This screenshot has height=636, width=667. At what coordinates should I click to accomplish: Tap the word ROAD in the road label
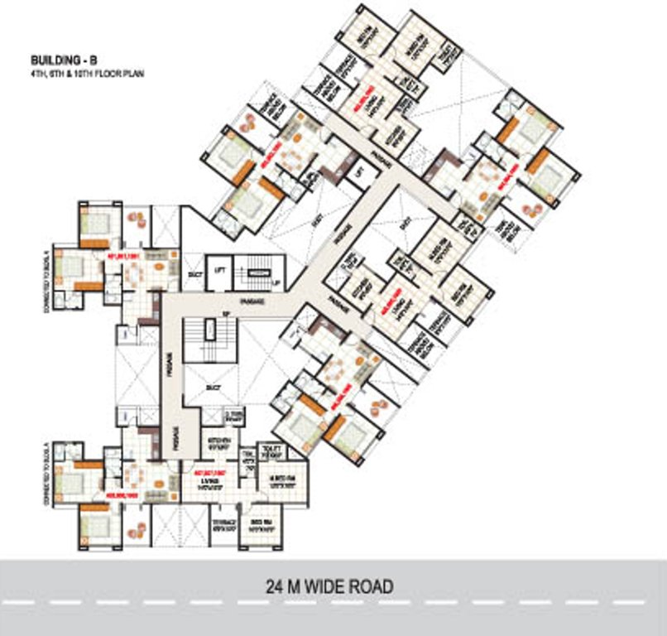[369, 587]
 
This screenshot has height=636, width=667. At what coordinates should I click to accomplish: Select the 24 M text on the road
[284, 587]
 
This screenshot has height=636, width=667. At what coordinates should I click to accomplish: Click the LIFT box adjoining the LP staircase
[220, 272]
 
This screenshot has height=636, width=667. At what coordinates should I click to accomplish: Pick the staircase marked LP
[260, 272]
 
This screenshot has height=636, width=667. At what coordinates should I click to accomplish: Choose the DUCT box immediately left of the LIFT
[194, 272]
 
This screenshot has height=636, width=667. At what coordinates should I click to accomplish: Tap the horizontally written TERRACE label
[222, 523]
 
